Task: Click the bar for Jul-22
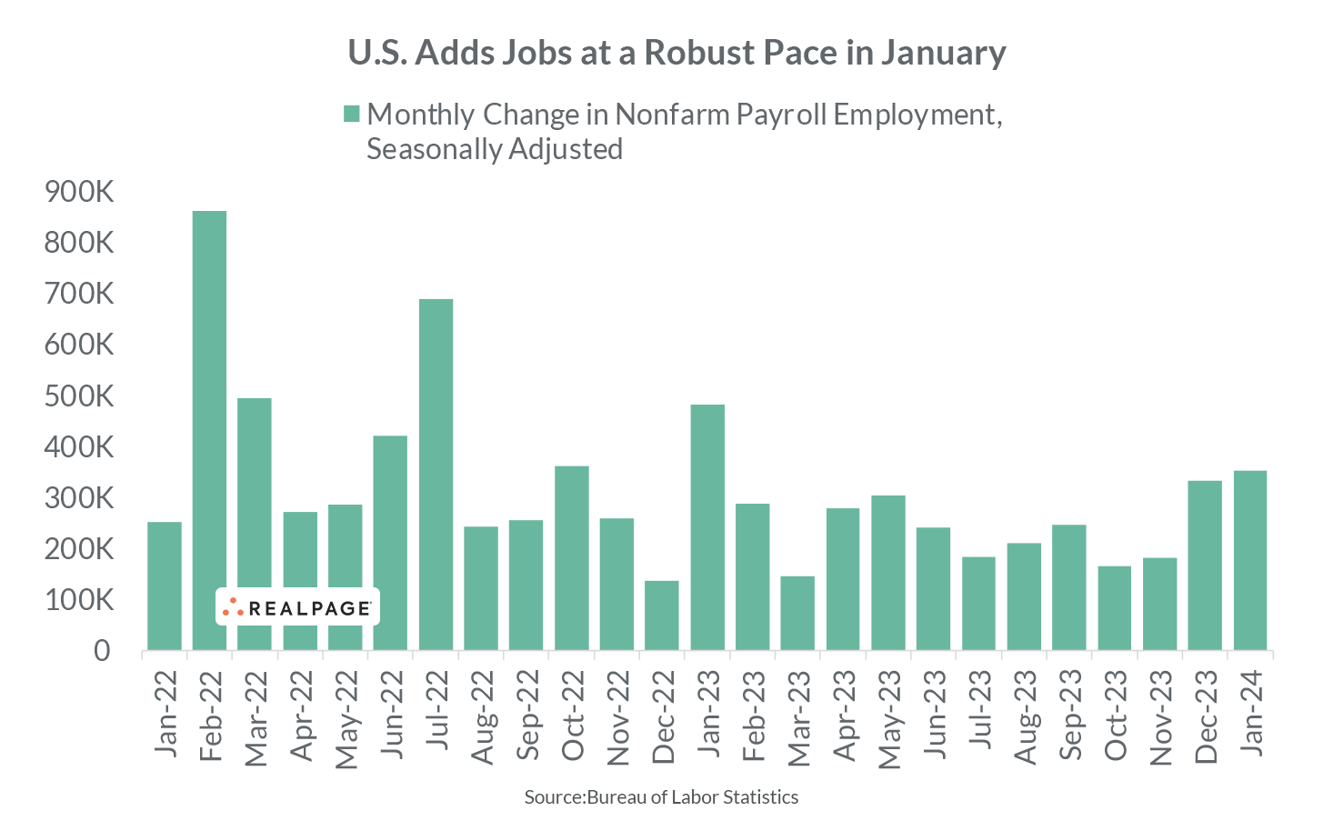click(436, 475)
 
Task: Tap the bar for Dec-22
click(662, 616)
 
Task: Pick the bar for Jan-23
click(707, 527)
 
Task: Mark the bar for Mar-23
click(797, 613)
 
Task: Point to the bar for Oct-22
click(572, 558)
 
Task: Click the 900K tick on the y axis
click(78, 192)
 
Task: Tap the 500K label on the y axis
click(78, 396)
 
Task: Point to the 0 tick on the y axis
click(102, 651)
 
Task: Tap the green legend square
click(351, 114)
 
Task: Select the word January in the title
click(943, 53)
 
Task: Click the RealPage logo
click(297, 607)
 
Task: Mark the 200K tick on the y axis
click(78, 549)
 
